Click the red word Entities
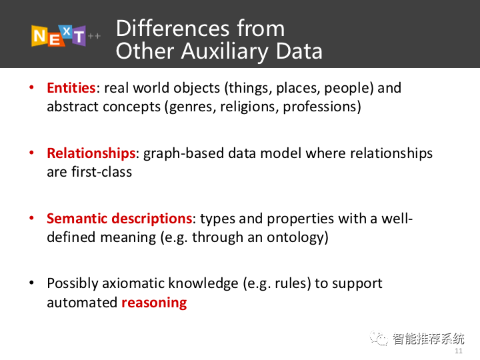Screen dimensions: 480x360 (71, 88)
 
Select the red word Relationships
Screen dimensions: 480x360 (91, 153)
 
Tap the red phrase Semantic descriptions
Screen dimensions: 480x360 (119, 219)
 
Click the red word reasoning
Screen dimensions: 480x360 (154, 303)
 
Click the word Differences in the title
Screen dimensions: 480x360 (173, 29)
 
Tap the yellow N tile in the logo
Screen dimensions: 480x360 (39, 36)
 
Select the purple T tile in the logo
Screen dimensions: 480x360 (79, 36)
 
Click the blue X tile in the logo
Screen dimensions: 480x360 (67, 31)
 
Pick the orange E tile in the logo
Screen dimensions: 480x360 (55, 39)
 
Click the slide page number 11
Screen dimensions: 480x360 (458, 351)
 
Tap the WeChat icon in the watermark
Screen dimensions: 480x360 (379, 338)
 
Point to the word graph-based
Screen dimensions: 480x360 (184, 153)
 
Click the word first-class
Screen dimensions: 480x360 (101, 172)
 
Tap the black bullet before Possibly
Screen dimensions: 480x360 (31, 283)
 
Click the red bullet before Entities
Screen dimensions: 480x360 (31, 87)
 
